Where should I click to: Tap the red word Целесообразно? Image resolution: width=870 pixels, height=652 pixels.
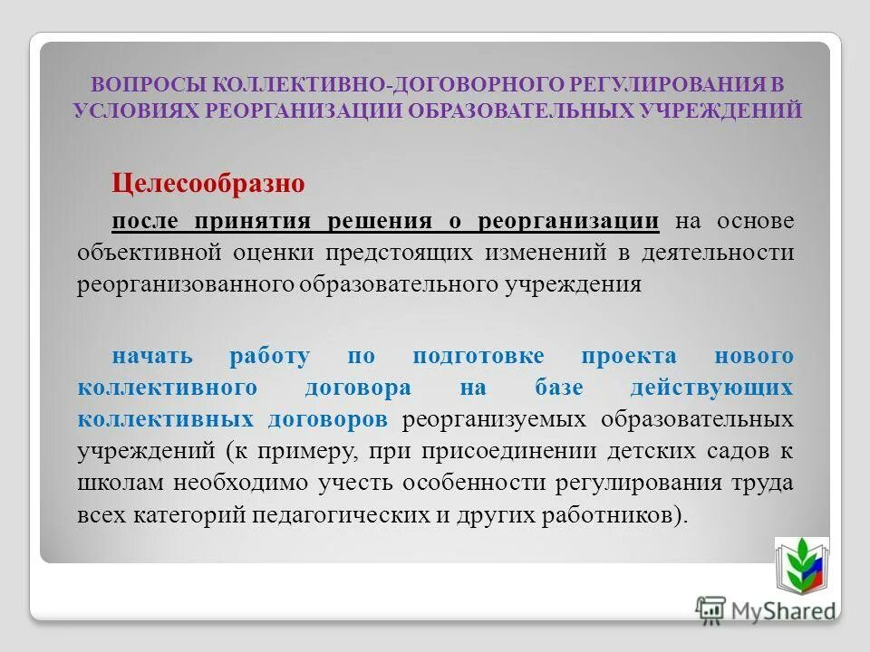[207, 184]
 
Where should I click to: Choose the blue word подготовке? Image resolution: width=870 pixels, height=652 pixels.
[478, 356]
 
